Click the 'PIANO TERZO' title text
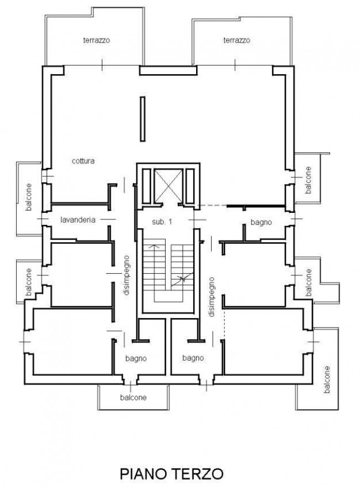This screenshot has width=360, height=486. (x=172, y=474)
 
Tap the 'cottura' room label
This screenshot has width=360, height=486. (x=83, y=161)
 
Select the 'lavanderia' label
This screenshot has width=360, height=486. (x=78, y=220)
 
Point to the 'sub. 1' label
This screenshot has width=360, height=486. (x=162, y=222)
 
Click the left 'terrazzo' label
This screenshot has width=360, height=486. (x=96, y=40)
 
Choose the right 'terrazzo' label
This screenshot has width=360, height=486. (x=236, y=40)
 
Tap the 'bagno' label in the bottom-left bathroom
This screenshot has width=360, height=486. (x=136, y=359)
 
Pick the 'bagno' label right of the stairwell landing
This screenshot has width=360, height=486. (x=261, y=222)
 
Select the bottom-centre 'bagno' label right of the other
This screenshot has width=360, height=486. (x=193, y=359)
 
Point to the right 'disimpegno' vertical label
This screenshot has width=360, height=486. (x=211, y=297)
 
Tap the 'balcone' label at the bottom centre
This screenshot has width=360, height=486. (x=133, y=398)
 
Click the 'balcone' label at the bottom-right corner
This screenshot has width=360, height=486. (x=327, y=380)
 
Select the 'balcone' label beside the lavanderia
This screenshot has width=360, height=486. (x=29, y=197)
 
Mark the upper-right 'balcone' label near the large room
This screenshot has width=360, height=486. (x=308, y=180)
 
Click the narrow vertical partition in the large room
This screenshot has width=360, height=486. (x=142, y=119)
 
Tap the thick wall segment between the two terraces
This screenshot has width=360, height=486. (x=168, y=70)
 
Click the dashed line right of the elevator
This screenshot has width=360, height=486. (x=213, y=206)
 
